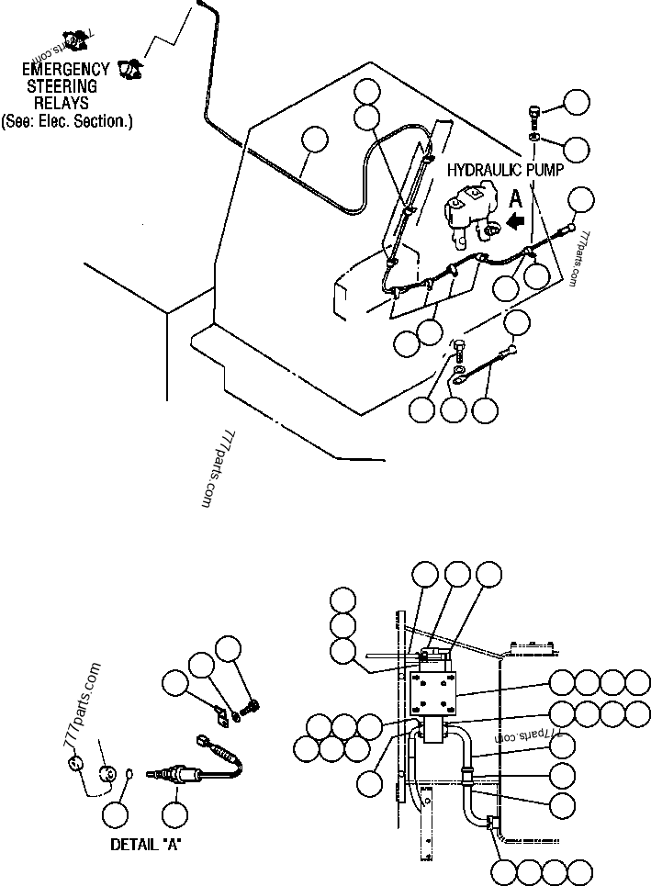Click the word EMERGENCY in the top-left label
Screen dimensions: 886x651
(66, 69)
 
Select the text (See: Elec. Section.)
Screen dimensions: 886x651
(66, 120)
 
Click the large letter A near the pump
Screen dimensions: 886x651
(516, 197)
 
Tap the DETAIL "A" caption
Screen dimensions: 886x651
(146, 845)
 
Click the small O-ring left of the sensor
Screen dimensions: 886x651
(129, 774)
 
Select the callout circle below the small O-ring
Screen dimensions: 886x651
(117, 813)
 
